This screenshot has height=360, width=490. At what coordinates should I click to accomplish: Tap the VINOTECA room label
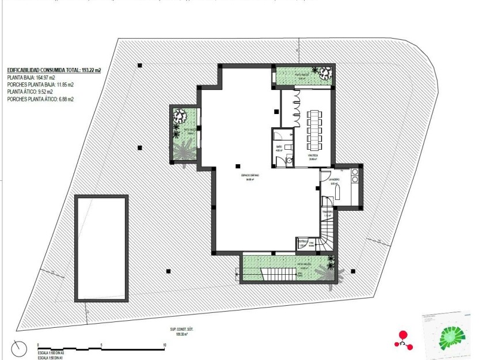[x=313, y=156]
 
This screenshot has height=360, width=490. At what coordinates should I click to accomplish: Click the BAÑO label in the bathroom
[x=279, y=148]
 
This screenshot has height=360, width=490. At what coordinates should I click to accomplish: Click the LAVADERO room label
[x=336, y=179]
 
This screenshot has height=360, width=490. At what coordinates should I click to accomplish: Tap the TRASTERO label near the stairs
[x=328, y=212]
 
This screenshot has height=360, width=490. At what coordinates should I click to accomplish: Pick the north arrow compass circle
[x=19, y=348]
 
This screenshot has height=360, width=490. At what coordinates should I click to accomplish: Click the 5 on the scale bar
[x=101, y=346]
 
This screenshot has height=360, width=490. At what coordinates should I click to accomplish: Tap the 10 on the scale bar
[x=165, y=346]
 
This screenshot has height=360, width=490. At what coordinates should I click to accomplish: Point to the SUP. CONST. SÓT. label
[x=188, y=331]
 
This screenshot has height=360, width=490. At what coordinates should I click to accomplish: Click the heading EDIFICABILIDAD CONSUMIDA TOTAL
[x=54, y=70]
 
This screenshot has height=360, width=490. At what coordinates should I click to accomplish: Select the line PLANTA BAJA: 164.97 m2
[x=31, y=77]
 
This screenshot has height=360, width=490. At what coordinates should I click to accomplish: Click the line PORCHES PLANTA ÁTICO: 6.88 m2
[x=40, y=99]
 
